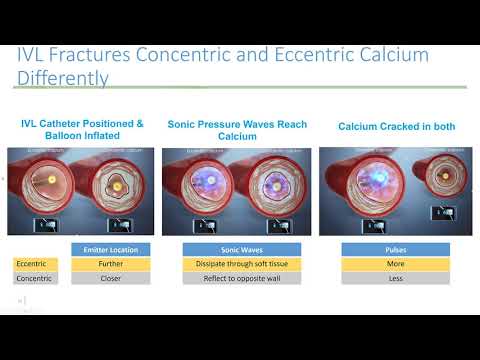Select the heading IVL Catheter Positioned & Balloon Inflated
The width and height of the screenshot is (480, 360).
pyautogui.click(x=82, y=129)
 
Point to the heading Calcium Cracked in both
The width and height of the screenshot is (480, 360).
pyautogui.click(x=393, y=126)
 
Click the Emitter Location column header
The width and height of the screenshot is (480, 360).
pyautogui.click(x=111, y=249)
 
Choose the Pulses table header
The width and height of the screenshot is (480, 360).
pyautogui.click(x=396, y=249)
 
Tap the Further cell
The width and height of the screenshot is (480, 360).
pyautogui.click(x=111, y=263)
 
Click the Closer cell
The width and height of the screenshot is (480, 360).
pyautogui.click(x=111, y=278)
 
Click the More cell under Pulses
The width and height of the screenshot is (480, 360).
pyautogui.click(x=396, y=263)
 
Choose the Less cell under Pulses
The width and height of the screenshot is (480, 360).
pyautogui.click(x=396, y=278)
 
